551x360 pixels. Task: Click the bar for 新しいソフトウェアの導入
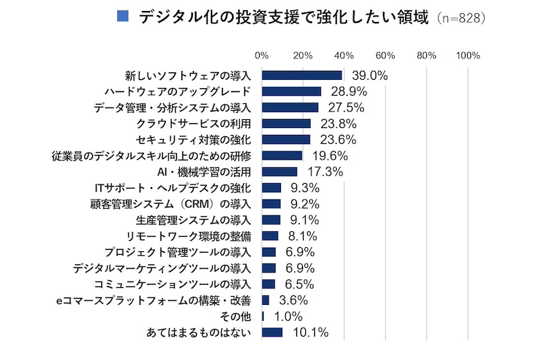302,75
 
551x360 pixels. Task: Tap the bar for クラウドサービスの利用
287,123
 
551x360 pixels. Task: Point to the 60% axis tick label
385,55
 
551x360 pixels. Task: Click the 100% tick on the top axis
468,55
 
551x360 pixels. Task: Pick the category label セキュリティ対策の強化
196,140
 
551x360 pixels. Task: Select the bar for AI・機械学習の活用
280,171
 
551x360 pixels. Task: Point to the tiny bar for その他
263,316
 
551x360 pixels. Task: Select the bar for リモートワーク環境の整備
270,236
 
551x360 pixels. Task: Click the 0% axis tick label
262,55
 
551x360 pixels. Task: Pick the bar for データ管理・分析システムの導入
290,107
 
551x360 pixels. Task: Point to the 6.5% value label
299,284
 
